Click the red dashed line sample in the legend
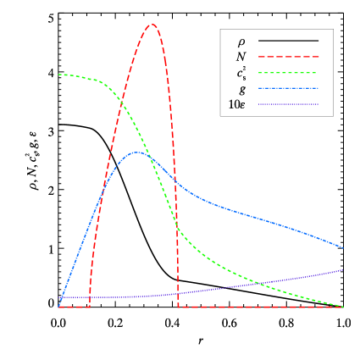point(288,57)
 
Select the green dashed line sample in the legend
point(288,73)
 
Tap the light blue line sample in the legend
point(288,88)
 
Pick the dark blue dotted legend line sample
point(288,104)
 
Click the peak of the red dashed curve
point(152,25)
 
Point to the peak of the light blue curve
point(136,152)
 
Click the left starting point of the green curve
point(58,75)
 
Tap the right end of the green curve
point(343,307)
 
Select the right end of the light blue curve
point(343,248)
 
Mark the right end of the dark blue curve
point(343,270)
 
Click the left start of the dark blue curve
point(58,298)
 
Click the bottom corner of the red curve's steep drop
point(179,307)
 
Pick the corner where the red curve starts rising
point(89,307)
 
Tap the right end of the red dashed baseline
point(343,307)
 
